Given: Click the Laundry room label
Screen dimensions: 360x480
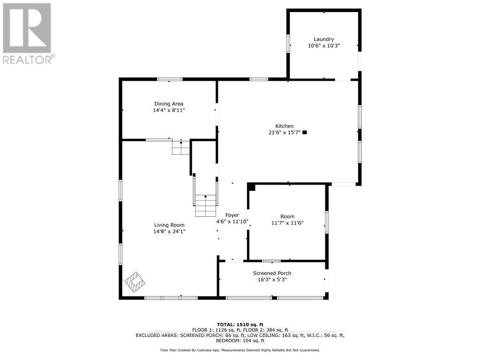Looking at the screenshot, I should pyautogui.click(x=323, y=39).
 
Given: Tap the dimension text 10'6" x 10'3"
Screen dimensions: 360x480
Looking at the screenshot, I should pyautogui.click(x=323, y=46).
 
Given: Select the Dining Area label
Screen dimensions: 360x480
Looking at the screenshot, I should pyautogui.click(x=169, y=104).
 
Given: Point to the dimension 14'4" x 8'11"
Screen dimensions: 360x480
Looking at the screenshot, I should pyautogui.click(x=169, y=111).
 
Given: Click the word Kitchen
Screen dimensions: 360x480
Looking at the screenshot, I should pyautogui.click(x=284, y=126).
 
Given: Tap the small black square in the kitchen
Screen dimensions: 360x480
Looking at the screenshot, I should pyautogui.click(x=305, y=133).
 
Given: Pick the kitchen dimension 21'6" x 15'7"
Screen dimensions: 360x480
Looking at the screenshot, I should pyautogui.click(x=284, y=133).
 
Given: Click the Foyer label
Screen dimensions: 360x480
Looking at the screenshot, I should pyautogui.click(x=232, y=215).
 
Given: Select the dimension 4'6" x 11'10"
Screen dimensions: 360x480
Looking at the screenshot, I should pyautogui.click(x=232, y=222).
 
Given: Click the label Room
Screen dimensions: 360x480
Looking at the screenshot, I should pyautogui.click(x=287, y=216).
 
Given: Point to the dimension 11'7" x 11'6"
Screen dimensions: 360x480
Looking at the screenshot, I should pyautogui.click(x=287, y=223).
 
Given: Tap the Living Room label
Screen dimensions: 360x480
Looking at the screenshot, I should pyautogui.click(x=169, y=225).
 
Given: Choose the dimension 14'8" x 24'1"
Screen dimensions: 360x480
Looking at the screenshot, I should pyautogui.click(x=169, y=232).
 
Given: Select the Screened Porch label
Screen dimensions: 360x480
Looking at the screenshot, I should pyautogui.click(x=272, y=273).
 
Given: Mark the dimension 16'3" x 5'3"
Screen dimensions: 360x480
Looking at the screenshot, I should pyautogui.click(x=272, y=280).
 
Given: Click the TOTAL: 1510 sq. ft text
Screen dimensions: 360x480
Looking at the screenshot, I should pyautogui.click(x=240, y=324).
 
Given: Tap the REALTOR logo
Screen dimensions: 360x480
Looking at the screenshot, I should pyautogui.click(x=27, y=33).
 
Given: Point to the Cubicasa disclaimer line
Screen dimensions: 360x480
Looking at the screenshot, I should pyautogui.click(x=240, y=350).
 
